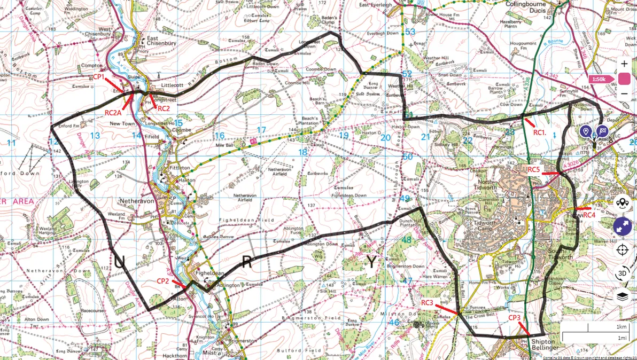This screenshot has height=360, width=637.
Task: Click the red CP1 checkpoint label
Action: point(99,77)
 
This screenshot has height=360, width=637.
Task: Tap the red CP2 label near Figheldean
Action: point(163,281)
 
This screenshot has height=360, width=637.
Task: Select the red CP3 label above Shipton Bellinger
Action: point(515,318)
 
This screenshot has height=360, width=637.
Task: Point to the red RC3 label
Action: point(427,303)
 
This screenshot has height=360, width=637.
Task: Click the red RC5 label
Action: point(534,169)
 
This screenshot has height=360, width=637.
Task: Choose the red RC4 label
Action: point(589,215)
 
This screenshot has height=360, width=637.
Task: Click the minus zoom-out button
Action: point(624,95)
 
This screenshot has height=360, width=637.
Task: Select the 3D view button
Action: point(622,273)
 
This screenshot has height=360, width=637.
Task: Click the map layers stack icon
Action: point(622,296)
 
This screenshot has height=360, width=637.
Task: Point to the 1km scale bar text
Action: point(621,326)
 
